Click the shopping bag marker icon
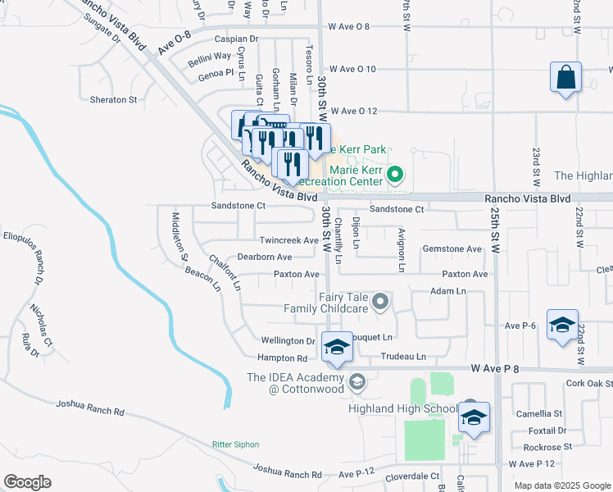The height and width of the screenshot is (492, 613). (x=565, y=78)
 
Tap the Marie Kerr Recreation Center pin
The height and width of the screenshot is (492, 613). (x=395, y=174)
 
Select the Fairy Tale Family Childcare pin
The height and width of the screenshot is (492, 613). (x=380, y=303)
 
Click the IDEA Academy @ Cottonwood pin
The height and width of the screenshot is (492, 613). (x=356, y=381)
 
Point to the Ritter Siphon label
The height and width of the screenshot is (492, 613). (x=235, y=444)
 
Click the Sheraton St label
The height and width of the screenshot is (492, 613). (x=114, y=100)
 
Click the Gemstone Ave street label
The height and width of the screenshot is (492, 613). (x=452, y=248)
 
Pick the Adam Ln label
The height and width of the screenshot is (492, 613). (x=447, y=291)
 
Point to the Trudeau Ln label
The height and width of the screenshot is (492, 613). (x=403, y=357)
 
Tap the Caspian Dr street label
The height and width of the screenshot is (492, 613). (x=236, y=39)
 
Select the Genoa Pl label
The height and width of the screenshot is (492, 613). (x=217, y=73)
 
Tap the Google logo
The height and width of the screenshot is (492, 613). (x=27, y=482)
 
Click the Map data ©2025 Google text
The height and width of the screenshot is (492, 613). (x=561, y=485)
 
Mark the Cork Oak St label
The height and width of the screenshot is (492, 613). (x=588, y=384)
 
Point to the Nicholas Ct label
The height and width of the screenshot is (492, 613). (x=41, y=324)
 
